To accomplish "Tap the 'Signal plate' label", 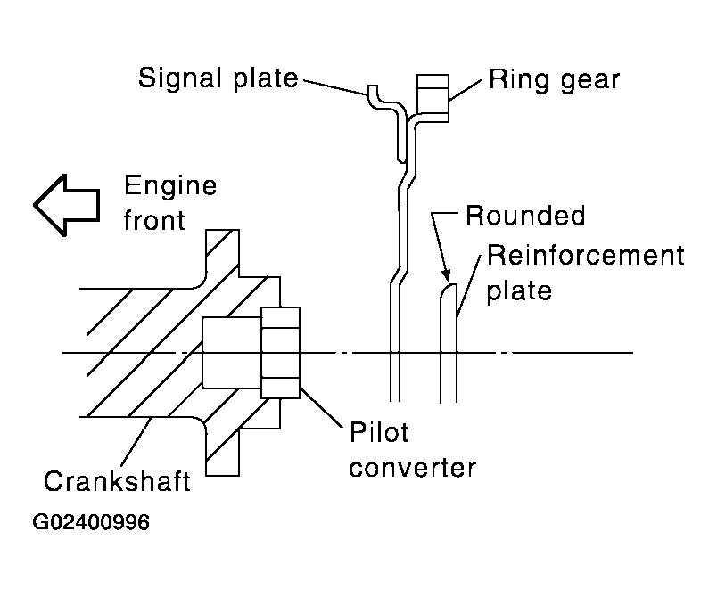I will pos(217,78).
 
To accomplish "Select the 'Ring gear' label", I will pos(554,79).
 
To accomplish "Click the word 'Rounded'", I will pos(525,217).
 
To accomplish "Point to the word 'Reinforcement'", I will pos(584,258).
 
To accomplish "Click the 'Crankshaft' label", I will pos(116,481).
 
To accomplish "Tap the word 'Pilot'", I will pos(378,433).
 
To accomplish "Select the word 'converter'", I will pos(413,467).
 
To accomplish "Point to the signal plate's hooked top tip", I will pos(372,92).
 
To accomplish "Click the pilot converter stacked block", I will pos(281,353).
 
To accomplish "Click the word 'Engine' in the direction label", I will pos(169,188).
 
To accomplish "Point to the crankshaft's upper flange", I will pos(223,254).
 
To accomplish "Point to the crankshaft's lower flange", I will pos(223,450).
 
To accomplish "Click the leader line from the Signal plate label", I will pos(334,85).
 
